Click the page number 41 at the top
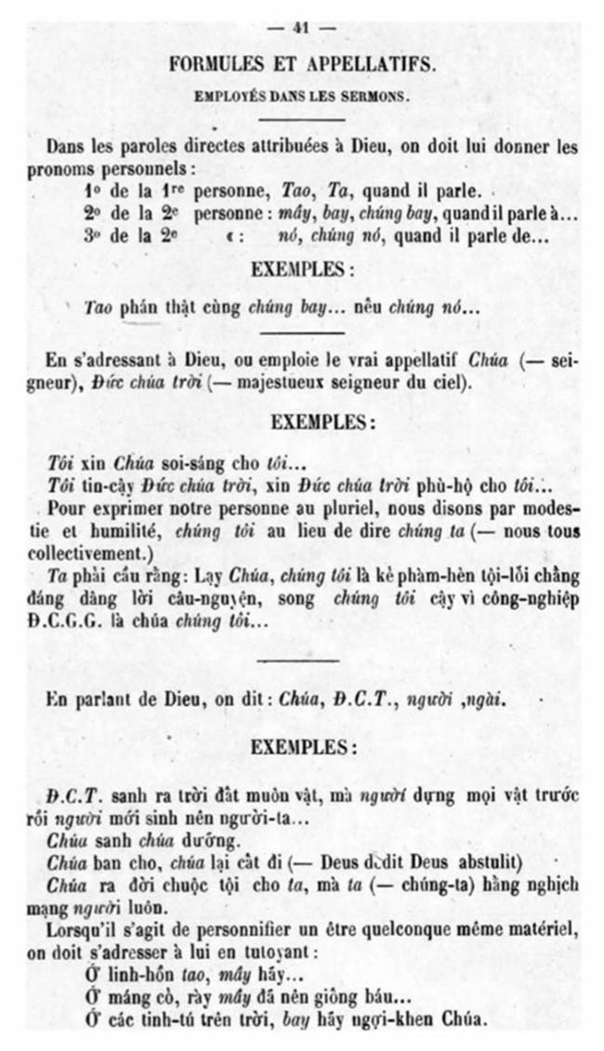coord(299,28)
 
